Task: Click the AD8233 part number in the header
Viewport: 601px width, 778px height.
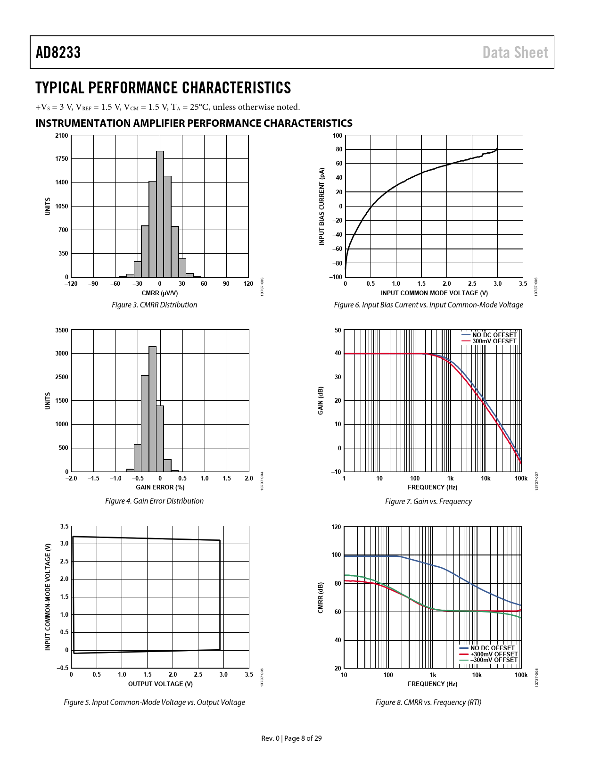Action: click(x=58, y=52)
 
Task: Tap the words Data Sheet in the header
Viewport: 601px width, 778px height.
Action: click(x=515, y=52)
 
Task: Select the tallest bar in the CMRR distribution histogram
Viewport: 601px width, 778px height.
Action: click(x=160, y=214)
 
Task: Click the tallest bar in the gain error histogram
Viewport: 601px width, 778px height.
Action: click(x=153, y=409)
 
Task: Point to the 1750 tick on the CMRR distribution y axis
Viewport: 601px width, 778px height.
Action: click(x=62, y=159)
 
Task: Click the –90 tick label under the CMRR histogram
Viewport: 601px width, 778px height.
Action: click(x=93, y=284)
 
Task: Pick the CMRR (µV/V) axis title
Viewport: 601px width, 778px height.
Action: click(x=160, y=293)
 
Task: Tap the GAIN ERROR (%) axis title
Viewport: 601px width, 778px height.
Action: click(x=160, y=487)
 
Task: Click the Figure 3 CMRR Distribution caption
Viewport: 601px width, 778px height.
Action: click(x=154, y=305)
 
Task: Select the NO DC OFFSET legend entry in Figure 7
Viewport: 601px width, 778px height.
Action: click(x=494, y=335)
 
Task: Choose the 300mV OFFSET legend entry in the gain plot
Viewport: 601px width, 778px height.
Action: click(x=494, y=341)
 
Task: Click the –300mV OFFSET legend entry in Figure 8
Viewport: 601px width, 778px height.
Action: click(x=494, y=660)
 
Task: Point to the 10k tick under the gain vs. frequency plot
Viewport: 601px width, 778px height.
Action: click(x=486, y=478)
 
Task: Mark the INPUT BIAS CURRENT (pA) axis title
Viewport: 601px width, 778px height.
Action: click(x=322, y=206)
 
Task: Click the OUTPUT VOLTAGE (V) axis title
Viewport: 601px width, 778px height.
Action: click(x=160, y=684)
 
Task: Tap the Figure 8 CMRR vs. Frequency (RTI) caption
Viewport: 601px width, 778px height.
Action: click(x=428, y=702)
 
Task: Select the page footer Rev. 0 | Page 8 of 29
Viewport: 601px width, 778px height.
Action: click(x=292, y=738)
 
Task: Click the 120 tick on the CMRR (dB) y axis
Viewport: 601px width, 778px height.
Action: click(x=336, y=527)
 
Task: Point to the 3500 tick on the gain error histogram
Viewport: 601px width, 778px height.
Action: click(x=62, y=330)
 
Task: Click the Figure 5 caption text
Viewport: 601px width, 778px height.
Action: click(x=154, y=702)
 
